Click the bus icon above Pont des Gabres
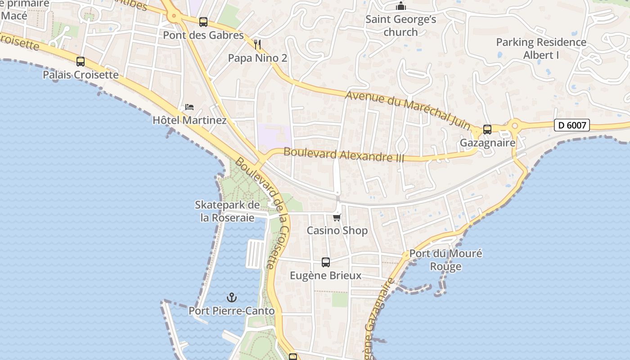click(203, 22)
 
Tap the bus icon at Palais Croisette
click(81, 62)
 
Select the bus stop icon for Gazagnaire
click(487, 130)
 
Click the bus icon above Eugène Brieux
click(326, 262)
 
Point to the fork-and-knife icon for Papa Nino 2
click(257, 44)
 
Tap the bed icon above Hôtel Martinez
click(189, 107)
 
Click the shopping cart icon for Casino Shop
click(337, 217)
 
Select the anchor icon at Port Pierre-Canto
click(231, 297)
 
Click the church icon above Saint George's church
click(400, 6)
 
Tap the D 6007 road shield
click(571, 125)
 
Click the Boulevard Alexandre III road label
click(344, 155)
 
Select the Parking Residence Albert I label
click(541, 49)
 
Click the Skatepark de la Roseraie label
click(227, 211)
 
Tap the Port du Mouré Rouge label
click(445, 260)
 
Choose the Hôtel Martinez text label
click(189, 120)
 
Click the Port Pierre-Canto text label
click(231, 310)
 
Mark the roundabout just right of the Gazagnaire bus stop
click(515, 126)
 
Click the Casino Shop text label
click(337, 230)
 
